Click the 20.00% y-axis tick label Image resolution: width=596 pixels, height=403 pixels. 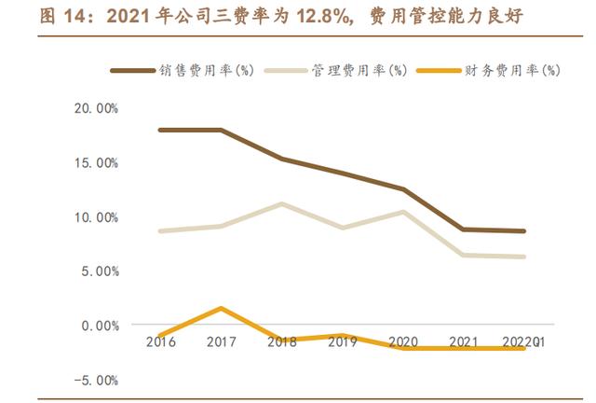point(97,108)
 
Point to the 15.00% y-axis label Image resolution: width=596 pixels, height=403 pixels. point(97,162)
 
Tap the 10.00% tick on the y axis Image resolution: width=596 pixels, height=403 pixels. point(97,216)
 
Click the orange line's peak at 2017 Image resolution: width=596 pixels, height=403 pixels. point(222,308)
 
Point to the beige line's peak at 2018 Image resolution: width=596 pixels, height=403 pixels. point(282,203)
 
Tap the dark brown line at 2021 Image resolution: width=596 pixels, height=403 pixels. point(464,229)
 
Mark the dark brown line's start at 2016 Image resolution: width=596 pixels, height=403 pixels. point(161,130)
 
